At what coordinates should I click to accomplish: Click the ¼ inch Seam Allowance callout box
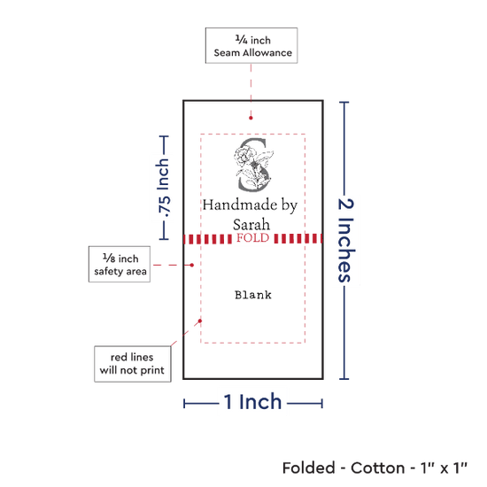click(251, 46)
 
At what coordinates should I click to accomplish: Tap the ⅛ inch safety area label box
click(120, 265)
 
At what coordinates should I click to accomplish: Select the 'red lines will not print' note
click(133, 364)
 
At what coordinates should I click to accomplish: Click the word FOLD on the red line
click(252, 238)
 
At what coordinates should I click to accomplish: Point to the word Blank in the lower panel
click(253, 295)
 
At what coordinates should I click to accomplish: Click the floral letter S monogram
click(254, 165)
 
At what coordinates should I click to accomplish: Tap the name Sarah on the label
click(251, 224)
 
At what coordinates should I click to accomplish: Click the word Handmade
click(240, 205)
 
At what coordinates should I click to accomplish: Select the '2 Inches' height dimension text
click(345, 240)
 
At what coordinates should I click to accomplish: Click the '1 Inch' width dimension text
click(252, 402)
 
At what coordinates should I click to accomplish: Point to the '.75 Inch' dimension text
click(163, 188)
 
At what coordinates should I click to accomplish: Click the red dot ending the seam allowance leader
click(251, 118)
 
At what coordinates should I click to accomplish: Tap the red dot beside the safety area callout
click(191, 265)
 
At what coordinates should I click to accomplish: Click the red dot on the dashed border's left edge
click(200, 321)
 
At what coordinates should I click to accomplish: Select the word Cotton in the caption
click(378, 468)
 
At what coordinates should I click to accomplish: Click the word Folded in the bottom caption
click(309, 468)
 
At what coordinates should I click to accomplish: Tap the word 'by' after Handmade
click(290, 205)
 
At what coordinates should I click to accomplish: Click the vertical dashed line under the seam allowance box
click(251, 89)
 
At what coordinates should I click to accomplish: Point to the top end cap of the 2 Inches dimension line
click(344, 102)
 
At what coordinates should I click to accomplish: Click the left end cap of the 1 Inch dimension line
click(184, 404)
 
